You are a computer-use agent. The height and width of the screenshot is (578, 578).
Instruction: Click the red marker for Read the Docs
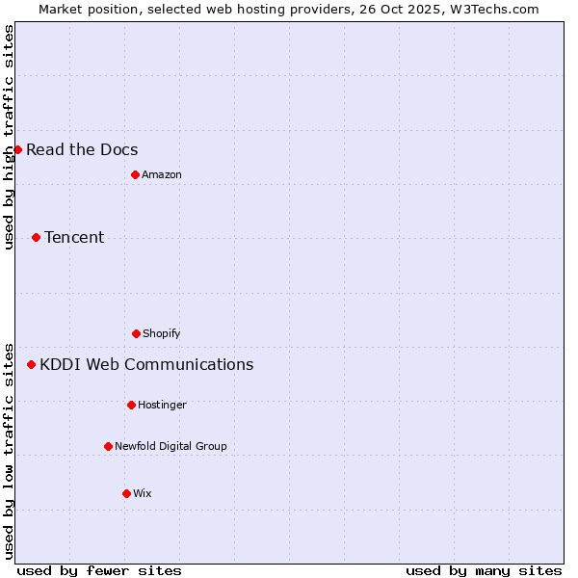(x=17, y=149)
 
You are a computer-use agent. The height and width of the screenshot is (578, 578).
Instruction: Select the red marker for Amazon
(x=135, y=174)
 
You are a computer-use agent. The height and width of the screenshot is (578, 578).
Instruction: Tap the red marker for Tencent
(x=36, y=237)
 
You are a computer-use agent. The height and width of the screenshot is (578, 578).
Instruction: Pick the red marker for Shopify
(x=136, y=333)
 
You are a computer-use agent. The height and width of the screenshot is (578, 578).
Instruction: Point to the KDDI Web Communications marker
(x=31, y=364)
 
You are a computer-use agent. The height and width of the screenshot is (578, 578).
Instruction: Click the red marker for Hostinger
(x=131, y=405)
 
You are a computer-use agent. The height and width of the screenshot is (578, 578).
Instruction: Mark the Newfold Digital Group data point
(x=108, y=446)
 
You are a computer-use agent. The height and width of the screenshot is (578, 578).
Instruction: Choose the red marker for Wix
(x=126, y=493)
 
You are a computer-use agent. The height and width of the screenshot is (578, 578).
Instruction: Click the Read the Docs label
(x=82, y=149)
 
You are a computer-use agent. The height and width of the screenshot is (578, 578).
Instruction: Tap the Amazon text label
(x=162, y=174)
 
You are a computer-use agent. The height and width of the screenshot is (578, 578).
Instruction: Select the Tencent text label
(x=74, y=237)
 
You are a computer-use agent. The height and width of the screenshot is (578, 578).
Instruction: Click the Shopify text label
(x=162, y=333)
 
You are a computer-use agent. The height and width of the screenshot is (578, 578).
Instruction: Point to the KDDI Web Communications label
(x=146, y=364)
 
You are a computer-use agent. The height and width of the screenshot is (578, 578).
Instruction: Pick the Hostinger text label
(x=162, y=405)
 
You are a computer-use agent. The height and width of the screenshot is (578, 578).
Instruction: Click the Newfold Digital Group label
(x=171, y=446)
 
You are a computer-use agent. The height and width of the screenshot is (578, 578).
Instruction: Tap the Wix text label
(x=143, y=493)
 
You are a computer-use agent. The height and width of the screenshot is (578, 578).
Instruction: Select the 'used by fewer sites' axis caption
(x=99, y=570)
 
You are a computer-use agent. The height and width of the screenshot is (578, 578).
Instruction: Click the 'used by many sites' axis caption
(x=484, y=570)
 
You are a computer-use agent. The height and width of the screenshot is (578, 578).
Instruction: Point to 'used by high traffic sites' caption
(x=10, y=138)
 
